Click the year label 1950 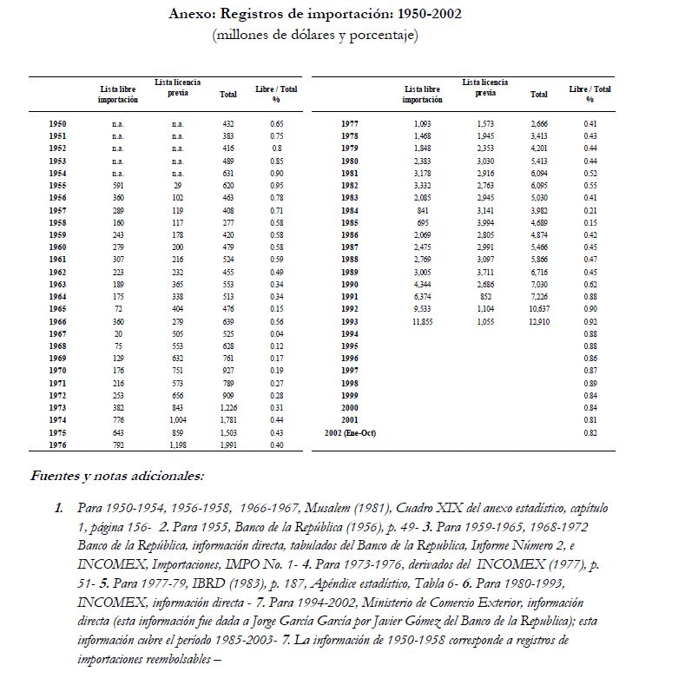click(58, 124)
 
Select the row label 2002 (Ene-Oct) click(350, 431)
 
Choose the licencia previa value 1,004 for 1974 click(177, 420)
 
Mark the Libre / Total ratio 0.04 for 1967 click(277, 333)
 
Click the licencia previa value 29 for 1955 click(177, 186)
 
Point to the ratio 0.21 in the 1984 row click(590, 209)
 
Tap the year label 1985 click(350, 221)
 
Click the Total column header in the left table click(228, 94)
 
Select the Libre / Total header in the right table click(590, 94)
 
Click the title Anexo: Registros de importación click(315, 15)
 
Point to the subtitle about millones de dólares click(315, 36)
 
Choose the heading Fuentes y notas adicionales click(116, 476)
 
